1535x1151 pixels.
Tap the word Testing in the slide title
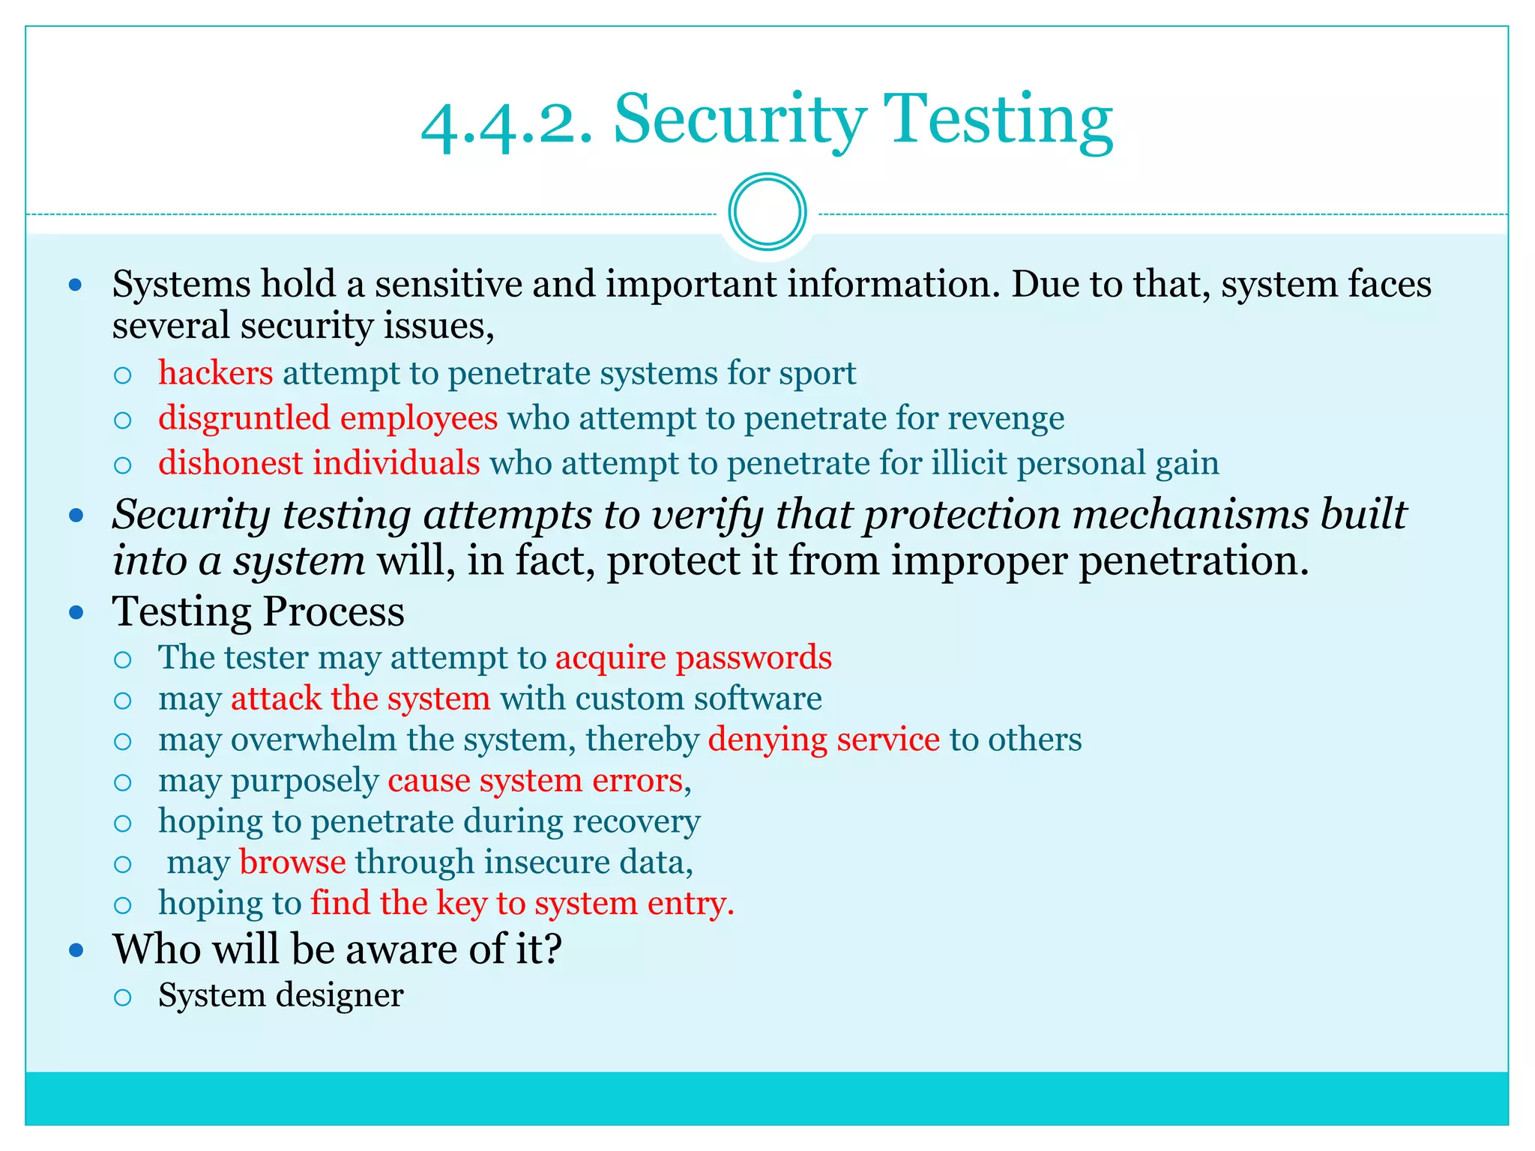pyautogui.click(x=998, y=120)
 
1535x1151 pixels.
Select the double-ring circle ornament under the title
pyautogui.click(x=767, y=212)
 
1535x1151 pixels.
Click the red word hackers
pyautogui.click(x=216, y=372)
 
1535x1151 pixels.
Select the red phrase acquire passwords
pyautogui.click(x=693, y=657)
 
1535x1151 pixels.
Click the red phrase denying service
pyautogui.click(x=824, y=740)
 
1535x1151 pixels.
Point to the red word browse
pyautogui.click(x=292, y=862)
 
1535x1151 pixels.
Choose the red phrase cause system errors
pyautogui.click(x=537, y=781)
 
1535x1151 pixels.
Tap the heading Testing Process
pyautogui.click(x=258, y=611)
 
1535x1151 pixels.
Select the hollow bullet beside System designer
pyautogui.click(x=123, y=997)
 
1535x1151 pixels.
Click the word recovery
pyautogui.click(x=636, y=821)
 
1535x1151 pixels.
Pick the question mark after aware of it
pyautogui.click(x=553, y=949)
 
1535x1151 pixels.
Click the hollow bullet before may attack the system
pyautogui.click(x=123, y=701)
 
